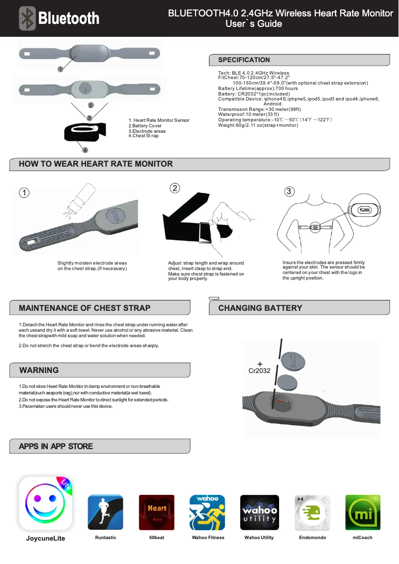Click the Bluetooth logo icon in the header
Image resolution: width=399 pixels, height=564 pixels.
pos(28,18)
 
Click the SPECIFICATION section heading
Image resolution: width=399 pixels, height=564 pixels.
pos(244,60)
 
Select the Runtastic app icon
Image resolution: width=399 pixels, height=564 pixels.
pos(105,512)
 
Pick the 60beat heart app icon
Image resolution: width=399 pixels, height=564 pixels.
pos(156,512)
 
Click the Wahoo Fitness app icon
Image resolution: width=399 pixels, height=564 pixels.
pos(207,512)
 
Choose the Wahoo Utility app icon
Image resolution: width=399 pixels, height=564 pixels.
pos(259,512)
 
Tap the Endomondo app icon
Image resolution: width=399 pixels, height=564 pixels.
pos(312,512)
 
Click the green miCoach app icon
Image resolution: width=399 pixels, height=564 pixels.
pos(363,512)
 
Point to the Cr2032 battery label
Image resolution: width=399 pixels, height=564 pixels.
pos(259,371)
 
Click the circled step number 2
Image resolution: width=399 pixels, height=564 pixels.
pos(175,188)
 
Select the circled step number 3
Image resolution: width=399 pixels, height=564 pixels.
pos(290,191)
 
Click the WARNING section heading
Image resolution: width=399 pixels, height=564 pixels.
pos(39,370)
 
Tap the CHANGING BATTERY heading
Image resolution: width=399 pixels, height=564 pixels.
pos(260,308)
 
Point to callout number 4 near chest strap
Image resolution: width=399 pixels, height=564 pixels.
pos(85,150)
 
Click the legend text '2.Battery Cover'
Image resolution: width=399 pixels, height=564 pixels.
pos(145,126)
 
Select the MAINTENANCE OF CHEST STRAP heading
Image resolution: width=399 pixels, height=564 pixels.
pos(84,308)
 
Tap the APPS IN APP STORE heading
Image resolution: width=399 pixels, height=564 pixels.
pos(56,446)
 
